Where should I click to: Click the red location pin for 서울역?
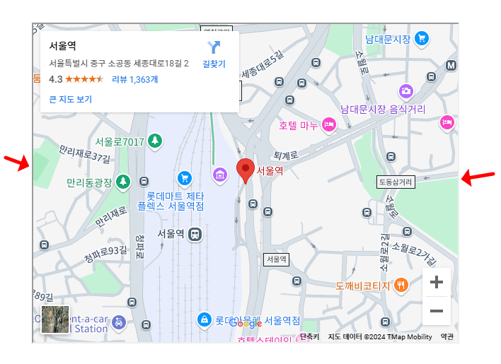coord(245,168)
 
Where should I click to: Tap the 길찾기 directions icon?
coord(214,48)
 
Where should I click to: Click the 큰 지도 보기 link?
coord(71,99)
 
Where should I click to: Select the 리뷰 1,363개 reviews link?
coord(134,79)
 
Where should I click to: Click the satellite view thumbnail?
coord(55,319)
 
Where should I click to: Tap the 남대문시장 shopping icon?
coord(422,38)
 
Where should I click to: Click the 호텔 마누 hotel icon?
coord(328,125)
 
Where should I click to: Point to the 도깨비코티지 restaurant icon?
coord(401,286)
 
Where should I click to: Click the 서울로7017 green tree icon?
coord(155,141)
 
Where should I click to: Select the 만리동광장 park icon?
coord(123,182)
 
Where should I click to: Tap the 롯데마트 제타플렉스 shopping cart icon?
coord(185,177)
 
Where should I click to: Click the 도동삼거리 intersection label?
coord(395,182)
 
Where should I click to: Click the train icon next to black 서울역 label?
coord(195,234)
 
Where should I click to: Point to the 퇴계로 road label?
coord(286,155)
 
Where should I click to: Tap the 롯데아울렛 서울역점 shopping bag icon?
coord(205,320)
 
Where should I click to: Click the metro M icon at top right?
coord(451,66)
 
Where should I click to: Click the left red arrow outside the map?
coord(17,163)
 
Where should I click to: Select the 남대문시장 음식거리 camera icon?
coord(405,91)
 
